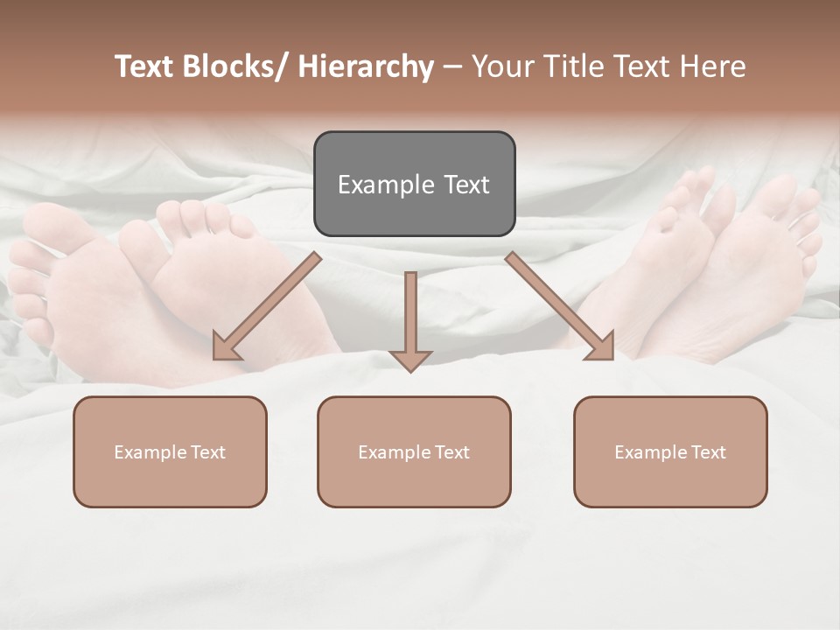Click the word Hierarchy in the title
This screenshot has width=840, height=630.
[366, 66]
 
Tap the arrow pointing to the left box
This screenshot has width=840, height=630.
[268, 306]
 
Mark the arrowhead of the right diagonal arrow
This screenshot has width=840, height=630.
[602, 347]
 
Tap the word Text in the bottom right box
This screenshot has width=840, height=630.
[707, 452]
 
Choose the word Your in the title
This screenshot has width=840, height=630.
[502, 66]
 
